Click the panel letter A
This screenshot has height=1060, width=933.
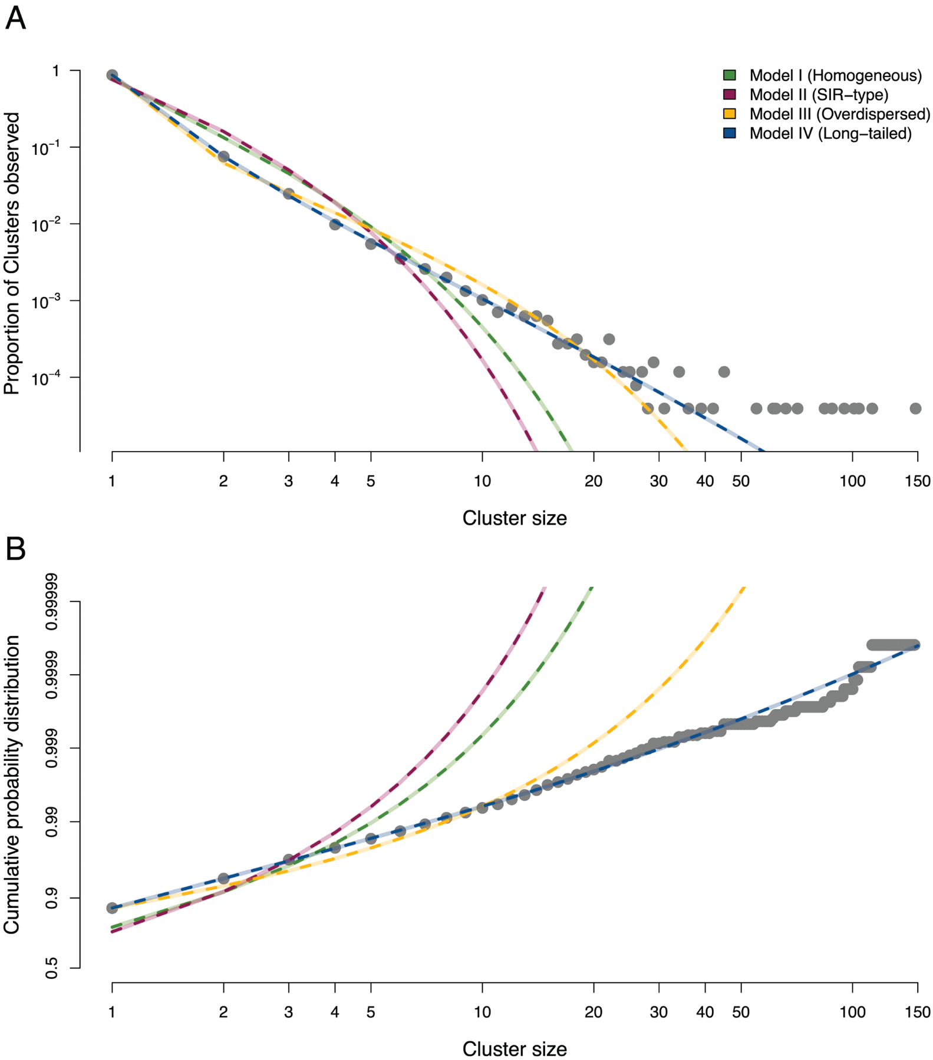15,18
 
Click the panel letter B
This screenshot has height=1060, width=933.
15,549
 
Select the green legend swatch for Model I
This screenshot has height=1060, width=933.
730,75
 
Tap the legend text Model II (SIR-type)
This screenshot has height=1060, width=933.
818,95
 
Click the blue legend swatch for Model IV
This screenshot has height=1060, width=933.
730,133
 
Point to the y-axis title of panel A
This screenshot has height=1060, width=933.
12,253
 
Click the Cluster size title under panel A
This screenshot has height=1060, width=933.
514,518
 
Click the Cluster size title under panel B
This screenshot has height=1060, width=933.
514,1049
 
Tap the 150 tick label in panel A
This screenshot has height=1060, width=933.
918,481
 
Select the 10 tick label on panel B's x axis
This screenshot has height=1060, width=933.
482,1012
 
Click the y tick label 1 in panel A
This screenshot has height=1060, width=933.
56,71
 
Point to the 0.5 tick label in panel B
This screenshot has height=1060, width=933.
52,968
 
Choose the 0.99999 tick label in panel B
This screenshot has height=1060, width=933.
52,602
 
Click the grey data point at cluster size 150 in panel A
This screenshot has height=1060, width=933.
915,408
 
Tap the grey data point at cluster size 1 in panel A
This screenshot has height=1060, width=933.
112,75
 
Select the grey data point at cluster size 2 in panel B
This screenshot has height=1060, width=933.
223,879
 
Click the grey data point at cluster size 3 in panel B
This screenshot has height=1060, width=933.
289,860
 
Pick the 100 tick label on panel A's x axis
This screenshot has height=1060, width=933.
852,481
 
